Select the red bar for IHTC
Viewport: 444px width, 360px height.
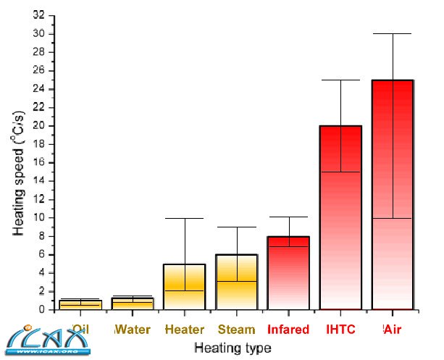pyautogui.click(x=340, y=217)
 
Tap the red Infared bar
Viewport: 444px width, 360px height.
pyautogui.click(x=288, y=272)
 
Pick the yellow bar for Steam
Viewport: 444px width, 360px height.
pyautogui.click(x=237, y=282)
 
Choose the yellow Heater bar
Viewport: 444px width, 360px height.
pyautogui.click(x=185, y=286)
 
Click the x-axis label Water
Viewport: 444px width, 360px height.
pyautogui.click(x=133, y=330)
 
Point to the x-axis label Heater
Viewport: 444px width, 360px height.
pyautogui.click(x=185, y=330)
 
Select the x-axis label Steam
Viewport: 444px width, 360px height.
pyautogui.click(x=237, y=330)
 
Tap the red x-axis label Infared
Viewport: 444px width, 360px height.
pyautogui.click(x=288, y=330)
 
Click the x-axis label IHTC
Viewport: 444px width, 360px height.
pyautogui.click(x=340, y=330)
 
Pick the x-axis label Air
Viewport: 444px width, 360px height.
pyautogui.click(x=392, y=330)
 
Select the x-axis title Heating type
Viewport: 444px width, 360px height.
pyautogui.click(x=233, y=348)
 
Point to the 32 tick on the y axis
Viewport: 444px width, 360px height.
pyautogui.click(x=41, y=15)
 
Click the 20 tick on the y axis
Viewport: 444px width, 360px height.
pyautogui.click(x=41, y=126)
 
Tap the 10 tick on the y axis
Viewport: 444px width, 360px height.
pyautogui.click(x=41, y=217)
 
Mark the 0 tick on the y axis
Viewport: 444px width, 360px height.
pyautogui.click(x=45, y=309)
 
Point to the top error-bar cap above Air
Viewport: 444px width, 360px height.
pyautogui.click(x=392, y=34)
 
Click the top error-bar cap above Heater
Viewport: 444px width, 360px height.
pyautogui.click(x=185, y=218)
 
